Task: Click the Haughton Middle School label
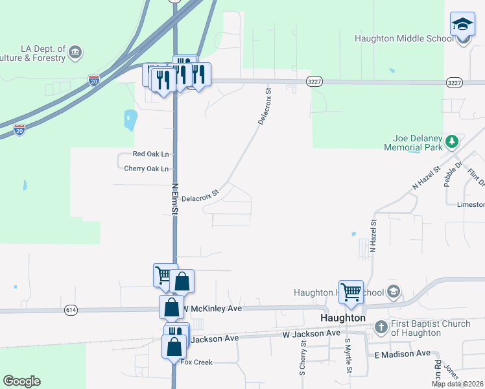point(404,38)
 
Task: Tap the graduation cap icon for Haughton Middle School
point(462,25)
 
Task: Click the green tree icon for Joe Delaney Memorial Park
point(453,141)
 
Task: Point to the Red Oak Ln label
point(150,154)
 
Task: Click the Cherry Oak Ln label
point(146,169)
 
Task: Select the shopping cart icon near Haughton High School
point(351,292)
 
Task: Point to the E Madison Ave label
point(402,354)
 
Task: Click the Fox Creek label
point(196,362)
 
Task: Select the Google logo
point(21,381)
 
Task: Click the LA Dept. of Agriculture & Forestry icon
point(75,51)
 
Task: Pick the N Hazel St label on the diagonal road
point(426,178)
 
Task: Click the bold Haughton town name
point(343,318)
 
